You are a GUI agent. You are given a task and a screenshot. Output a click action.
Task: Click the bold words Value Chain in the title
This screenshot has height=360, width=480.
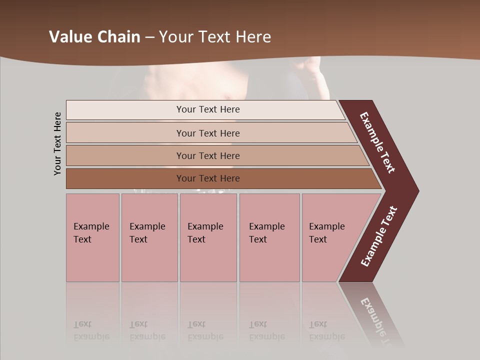click(94, 37)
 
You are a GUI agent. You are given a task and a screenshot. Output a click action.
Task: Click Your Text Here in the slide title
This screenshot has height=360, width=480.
click(215, 37)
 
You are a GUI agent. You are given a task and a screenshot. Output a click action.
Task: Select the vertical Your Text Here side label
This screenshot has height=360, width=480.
click(58, 143)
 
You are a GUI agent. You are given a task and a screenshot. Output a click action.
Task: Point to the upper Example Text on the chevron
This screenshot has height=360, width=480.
click(377, 142)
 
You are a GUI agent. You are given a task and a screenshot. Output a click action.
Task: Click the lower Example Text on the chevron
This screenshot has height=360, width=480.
click(379, 236)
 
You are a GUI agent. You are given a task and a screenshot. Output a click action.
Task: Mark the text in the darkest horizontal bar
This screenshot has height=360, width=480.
click(208, 178)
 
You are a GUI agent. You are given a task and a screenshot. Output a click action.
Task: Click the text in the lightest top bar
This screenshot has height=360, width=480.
click(208, 109)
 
